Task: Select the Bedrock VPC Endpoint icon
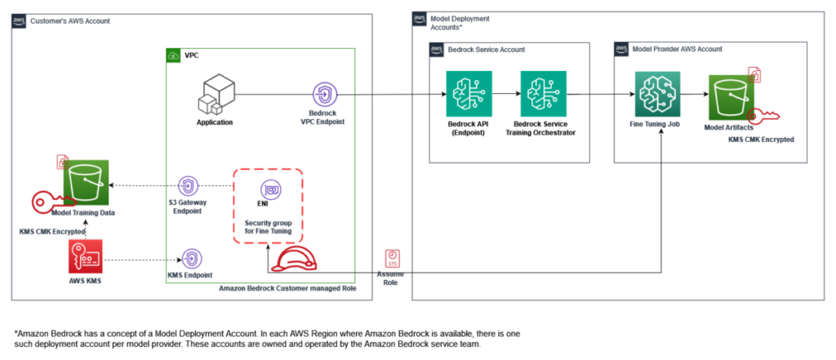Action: point(323,95)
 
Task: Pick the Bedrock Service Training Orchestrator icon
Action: point(543,94)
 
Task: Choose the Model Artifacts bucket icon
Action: point(731,97)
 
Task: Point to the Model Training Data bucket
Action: point(87,182)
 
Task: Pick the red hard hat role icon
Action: point(292,260)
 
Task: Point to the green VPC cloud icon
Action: point(173,55)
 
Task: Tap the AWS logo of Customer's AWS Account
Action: point(19,21)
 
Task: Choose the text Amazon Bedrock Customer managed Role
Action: point(287,288)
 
